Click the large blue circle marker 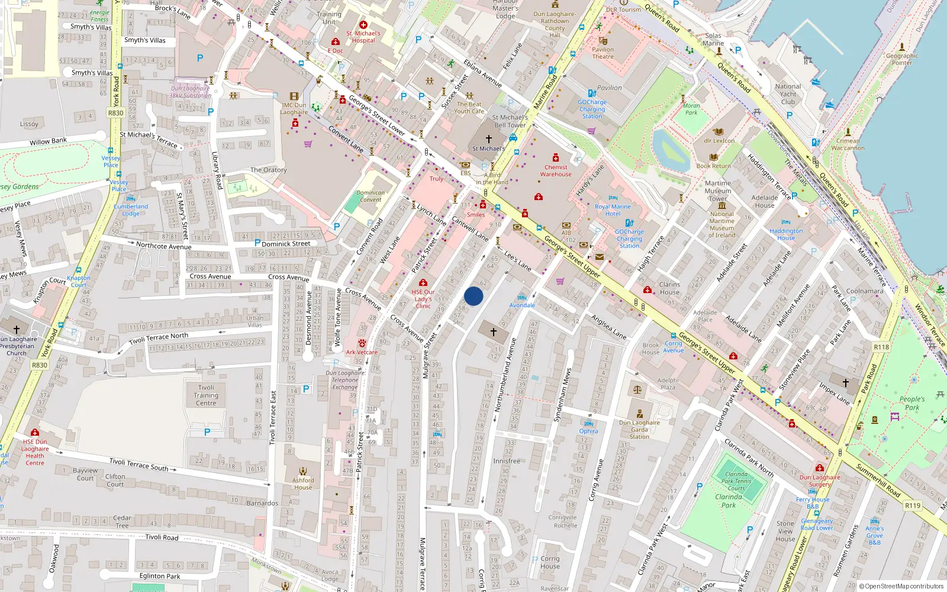(474, 296)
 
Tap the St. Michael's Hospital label (363, 37)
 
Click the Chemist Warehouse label (556, 171)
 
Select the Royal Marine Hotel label (613, 210)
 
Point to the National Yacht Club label (788, 94)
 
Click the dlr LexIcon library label (719, 141)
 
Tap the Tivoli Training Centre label (206, 395)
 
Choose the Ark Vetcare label (362, 352)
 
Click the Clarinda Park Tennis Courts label (736, 481)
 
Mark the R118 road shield (881, 347)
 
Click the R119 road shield (913, 506)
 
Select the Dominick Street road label (286, 243)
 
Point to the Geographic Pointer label (902, 59)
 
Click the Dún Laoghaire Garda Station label (639, 429)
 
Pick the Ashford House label (303, 484)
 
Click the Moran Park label (691, 109)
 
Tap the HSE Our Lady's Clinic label (423, 299)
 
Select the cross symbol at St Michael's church (489, 139)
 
